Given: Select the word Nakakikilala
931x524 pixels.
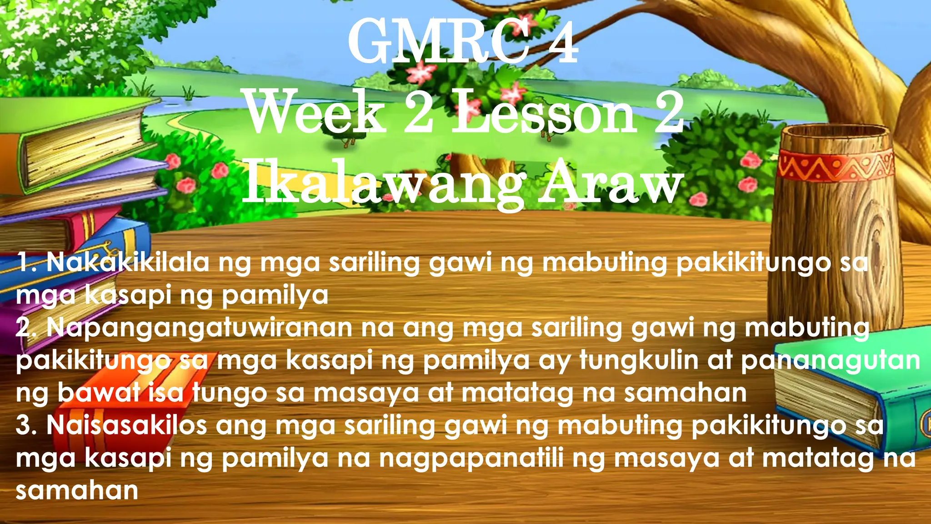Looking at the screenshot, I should [127, 263].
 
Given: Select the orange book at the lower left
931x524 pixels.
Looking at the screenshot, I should [136, 409].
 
